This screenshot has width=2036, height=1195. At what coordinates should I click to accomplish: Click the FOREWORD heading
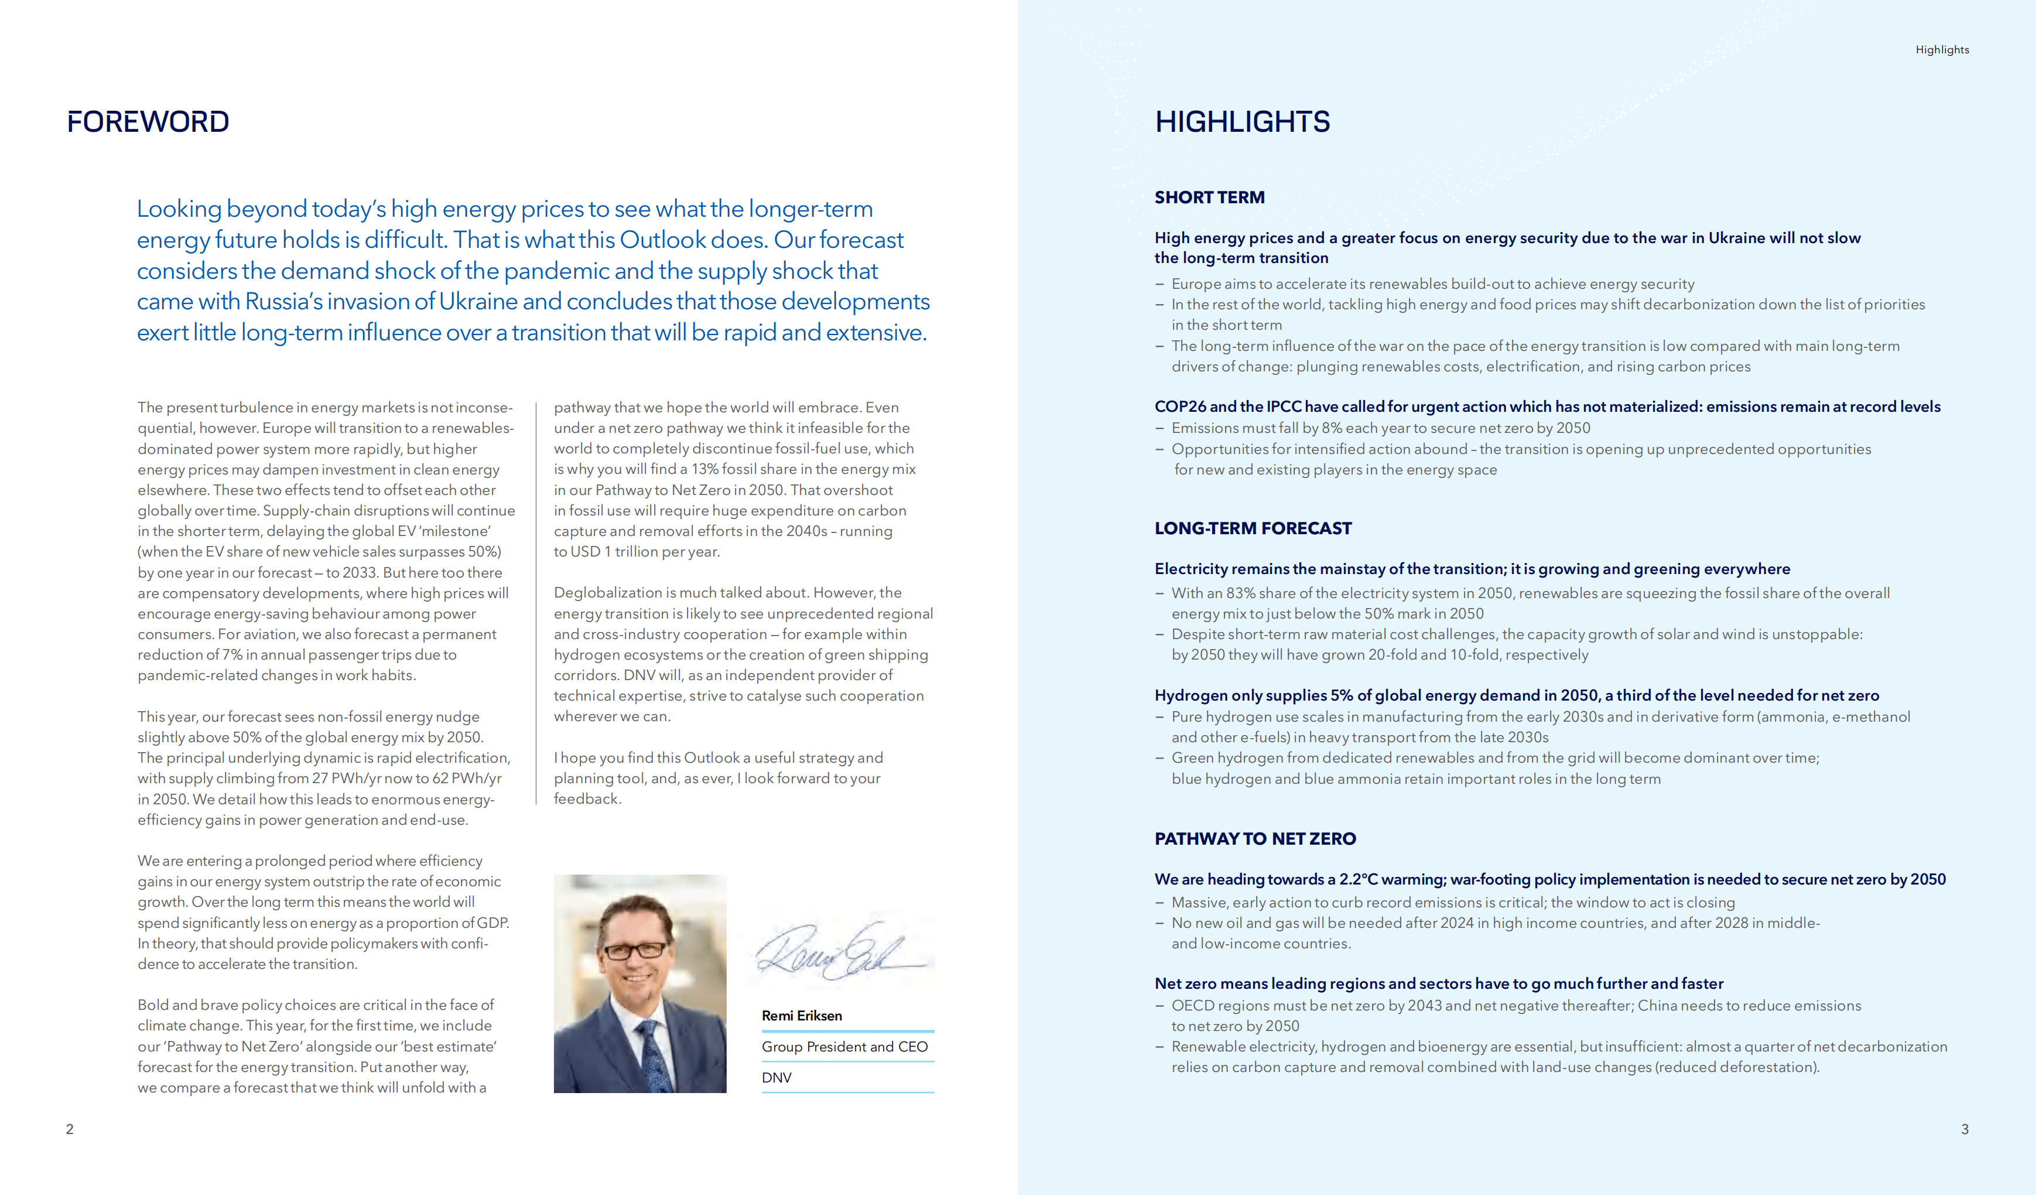[x=148, y=122]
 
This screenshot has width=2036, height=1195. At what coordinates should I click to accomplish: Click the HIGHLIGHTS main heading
[x=1242, y=122]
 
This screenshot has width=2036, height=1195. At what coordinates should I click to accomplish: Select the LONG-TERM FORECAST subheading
[x=1253, y=528]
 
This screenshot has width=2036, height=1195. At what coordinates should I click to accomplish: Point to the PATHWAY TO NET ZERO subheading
[x=1255, y=839]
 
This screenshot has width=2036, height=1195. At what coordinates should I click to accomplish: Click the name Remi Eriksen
[x=802, y=1016]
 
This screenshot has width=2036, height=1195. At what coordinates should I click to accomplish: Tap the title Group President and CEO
[x=844, y=1046]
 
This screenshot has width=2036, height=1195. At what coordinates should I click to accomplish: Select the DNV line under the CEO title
[x=776, y=1077]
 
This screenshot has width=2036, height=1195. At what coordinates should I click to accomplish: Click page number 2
[x=70, y=1129]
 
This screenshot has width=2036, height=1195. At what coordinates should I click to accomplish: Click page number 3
[x=1965, y=1129]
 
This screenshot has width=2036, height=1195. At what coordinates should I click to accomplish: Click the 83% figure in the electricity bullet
[x=1240, y=593]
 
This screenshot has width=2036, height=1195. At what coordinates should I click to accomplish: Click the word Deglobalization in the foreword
[x=608, y=592]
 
